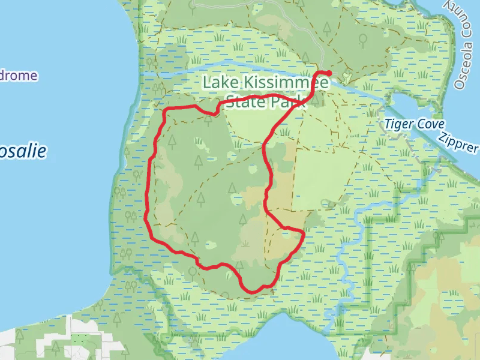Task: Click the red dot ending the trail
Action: coord(328,74)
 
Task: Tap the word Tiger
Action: coord(398,124)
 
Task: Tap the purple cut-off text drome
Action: coord(18,76)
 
